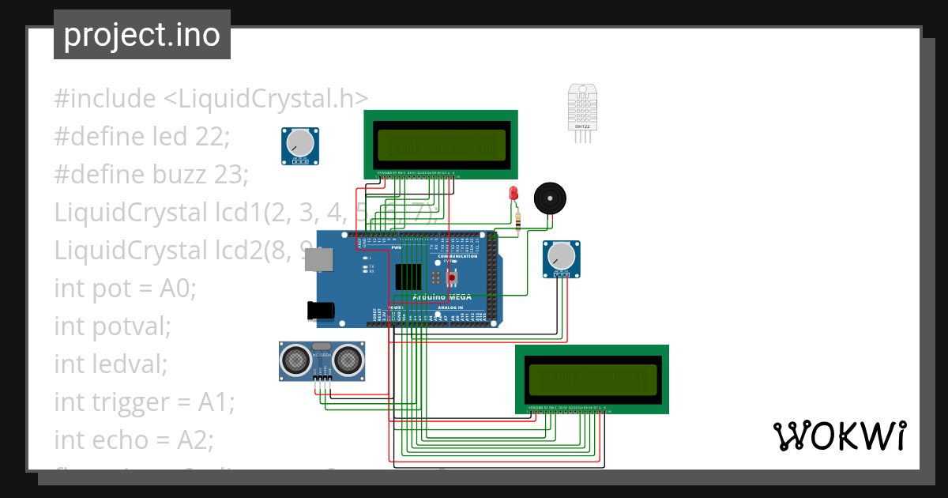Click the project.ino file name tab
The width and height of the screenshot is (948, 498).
point(142,35)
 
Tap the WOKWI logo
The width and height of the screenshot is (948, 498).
point(839,436)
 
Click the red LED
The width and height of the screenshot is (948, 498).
point(513,194)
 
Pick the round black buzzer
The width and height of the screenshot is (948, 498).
point(550,198)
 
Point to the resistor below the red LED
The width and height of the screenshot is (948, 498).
point(517,221)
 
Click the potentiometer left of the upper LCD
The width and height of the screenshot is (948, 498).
point(300,145)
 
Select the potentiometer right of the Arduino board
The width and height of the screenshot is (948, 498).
point(561,258)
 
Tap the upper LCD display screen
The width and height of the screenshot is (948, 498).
point(441,144)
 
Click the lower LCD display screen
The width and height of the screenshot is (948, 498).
point(592,379)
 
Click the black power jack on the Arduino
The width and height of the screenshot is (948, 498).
point(324,311)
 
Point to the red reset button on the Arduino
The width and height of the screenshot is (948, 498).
point(453,277)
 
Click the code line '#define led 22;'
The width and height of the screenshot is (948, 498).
point(141,137)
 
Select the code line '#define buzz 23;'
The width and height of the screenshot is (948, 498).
point(151,174)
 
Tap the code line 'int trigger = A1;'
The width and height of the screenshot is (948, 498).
point(144,402)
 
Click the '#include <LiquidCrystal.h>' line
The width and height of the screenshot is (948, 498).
point(211,99)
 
